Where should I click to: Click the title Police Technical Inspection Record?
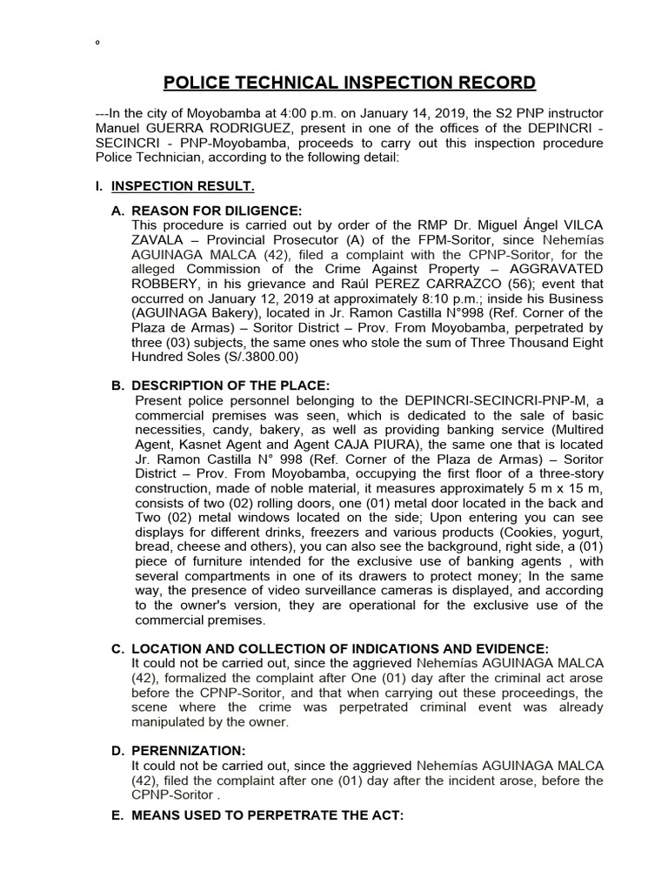pos(350,84)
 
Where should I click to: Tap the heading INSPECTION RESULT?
pos(183,186)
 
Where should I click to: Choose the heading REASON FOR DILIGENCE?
pos(216,211)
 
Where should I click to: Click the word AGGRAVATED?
pos(551,270)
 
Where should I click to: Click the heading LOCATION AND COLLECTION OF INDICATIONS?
pos(339,649)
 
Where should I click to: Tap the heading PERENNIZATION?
pos(189,749)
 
